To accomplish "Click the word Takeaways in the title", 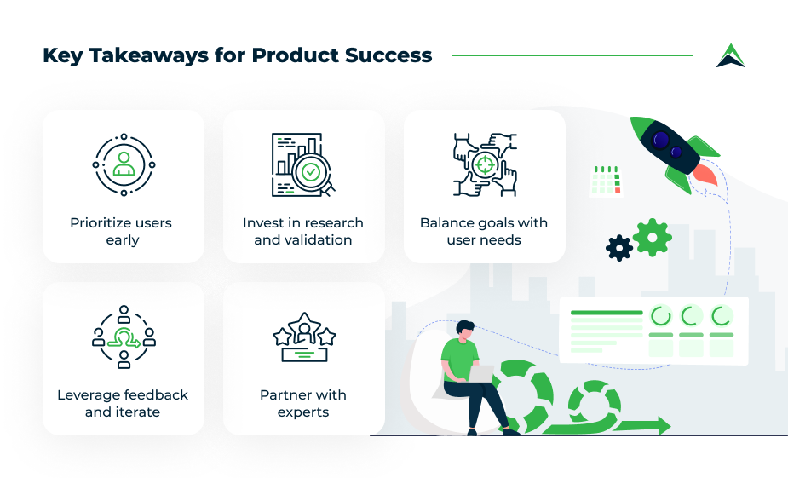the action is tap(149, 55).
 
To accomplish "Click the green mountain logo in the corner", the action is tap(731, 55).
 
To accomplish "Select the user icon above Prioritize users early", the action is tap(124, 164).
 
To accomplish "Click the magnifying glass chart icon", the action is tap(303, 164).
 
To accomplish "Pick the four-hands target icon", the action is tap(485, 164).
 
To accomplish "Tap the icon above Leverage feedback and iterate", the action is tap(124, 337).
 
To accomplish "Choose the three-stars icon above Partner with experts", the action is tap(304, 337).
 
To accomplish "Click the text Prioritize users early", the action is tap(122, 231).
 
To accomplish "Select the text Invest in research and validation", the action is tap(303, 231).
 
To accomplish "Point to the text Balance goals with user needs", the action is tap(484, 231).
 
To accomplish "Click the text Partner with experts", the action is tap(303, 403).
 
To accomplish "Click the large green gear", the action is tap(653, 237).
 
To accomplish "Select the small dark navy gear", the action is tap(619, 248).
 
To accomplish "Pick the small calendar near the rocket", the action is tap(606, 181).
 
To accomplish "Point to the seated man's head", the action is tap(465, 330).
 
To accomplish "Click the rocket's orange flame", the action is tap(706, 175).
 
